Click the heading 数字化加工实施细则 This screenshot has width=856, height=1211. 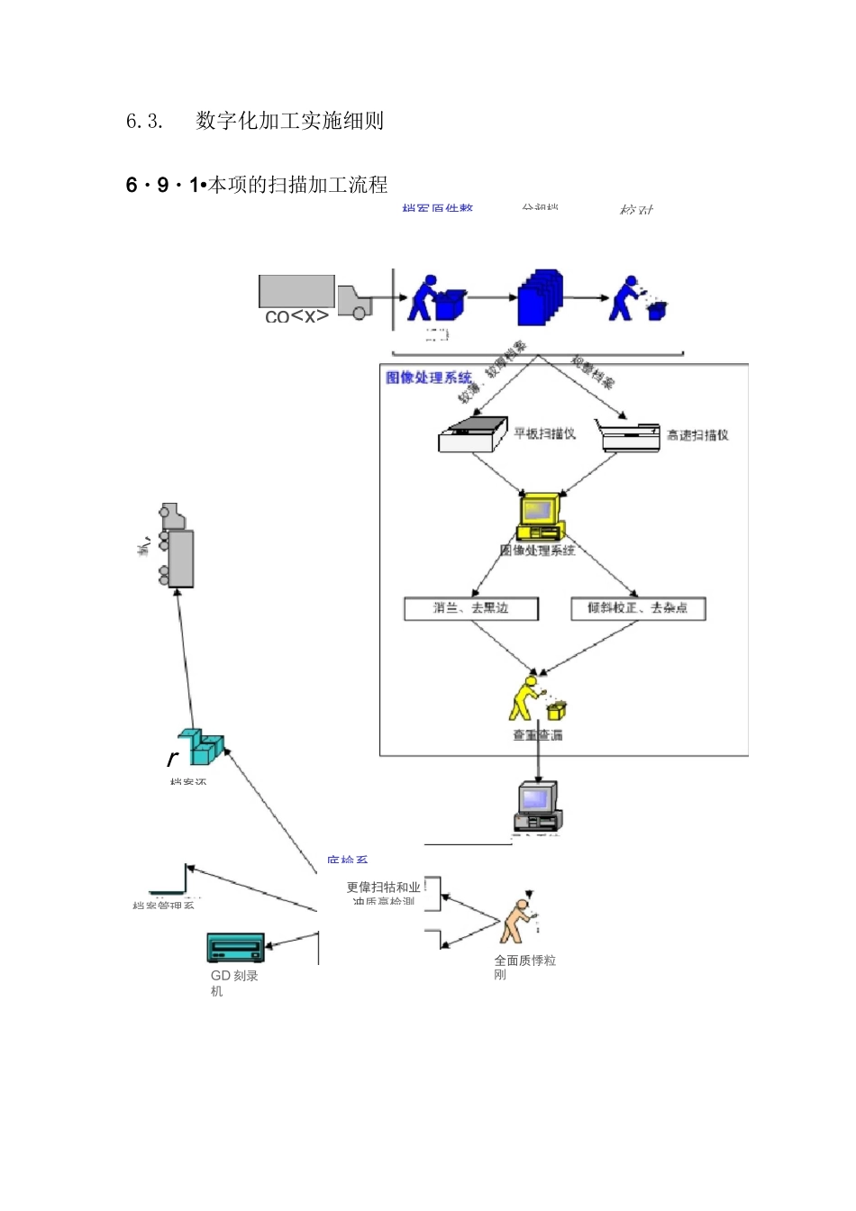(x=289, y=121)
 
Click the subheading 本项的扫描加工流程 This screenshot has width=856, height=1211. (x=297, y=186)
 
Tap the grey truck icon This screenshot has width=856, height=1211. (x=315, y=296)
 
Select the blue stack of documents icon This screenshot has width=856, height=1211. (x=540, y=297)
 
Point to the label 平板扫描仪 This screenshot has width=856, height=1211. (x=544, y=433)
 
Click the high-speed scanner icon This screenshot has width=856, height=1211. (x=629, y=435)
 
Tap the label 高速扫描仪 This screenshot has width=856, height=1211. (x=697, y=435)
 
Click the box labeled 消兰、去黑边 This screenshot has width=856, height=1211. (x=471, y=609)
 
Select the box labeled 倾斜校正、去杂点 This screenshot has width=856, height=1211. (x=638, y=609)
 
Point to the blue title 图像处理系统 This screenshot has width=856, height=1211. (x=429, y=378)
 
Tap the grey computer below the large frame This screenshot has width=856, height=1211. (x=538, y=805)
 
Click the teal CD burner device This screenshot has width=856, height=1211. (x=235, y=948)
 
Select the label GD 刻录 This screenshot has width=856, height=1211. (x=234, y=976)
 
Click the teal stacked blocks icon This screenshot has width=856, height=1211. (x=201, y=747)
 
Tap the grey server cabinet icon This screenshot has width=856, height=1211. (x=177, y=546)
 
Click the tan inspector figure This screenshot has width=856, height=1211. (x=517, y=921)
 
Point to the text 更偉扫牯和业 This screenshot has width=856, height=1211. (x=383, y=888)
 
